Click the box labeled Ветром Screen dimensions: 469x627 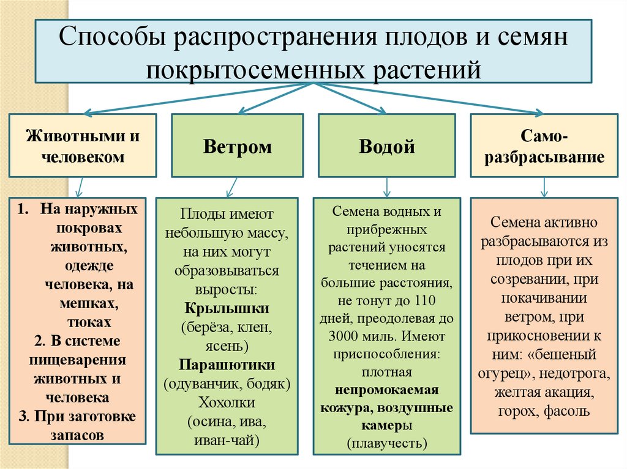237,146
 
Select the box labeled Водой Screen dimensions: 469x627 386,146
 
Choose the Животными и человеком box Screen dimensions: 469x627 82,146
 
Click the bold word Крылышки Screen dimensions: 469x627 227,308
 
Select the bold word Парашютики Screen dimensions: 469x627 227,365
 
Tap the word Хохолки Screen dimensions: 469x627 227,403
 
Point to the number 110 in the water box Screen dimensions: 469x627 427,301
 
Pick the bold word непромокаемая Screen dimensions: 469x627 386,390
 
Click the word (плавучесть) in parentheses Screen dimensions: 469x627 386,441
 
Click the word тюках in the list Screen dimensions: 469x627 90,321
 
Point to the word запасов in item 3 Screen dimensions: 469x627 77,435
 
